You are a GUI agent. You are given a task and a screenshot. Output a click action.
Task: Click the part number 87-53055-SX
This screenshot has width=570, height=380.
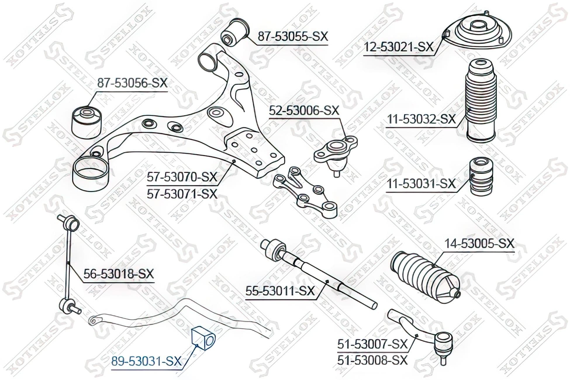pos(293,37)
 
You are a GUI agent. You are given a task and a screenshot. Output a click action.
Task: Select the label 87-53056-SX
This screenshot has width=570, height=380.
pos(132,83)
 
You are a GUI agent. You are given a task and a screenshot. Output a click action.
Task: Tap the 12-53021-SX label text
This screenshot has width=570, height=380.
pos(398,47)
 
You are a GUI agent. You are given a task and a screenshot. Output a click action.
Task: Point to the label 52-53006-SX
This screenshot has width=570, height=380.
pos(304,110)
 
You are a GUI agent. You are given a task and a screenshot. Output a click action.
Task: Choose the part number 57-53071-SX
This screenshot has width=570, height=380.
pos(182,194)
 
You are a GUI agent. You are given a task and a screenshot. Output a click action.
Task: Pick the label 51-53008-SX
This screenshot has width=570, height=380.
pos(372,360)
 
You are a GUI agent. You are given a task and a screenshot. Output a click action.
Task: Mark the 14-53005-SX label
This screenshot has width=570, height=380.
pos(479,243)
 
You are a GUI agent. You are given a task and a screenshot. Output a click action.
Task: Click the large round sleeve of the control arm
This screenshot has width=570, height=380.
pos(91,173)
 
